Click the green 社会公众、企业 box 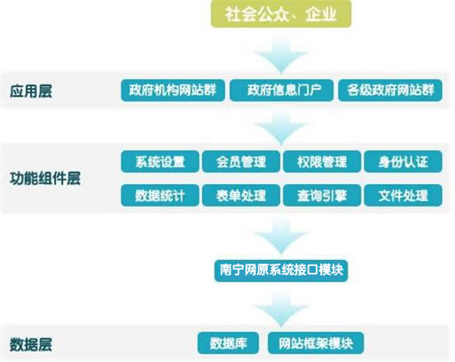(x=281, y=14)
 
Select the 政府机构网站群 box (x=173, y=90)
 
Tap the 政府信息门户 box (x=282, y=90)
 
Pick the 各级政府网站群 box (x=390, y=90)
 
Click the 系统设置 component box (x=160, y=162)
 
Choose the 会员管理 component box (x=241, y=162)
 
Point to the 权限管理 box (x=322, y=162)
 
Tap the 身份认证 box (x=403, y=162)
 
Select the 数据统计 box (x=160, y=195)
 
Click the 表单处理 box (x=241, y=195)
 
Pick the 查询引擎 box (x=322, y=195)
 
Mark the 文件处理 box (x=403, y=195)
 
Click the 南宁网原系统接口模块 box (x=281, y=271)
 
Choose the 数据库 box (x=228, y=343)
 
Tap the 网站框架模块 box (x=316, y=343)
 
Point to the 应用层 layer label (x=31, y=91)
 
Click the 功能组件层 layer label (x=45, y=178)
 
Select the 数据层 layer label (x=31, y=344)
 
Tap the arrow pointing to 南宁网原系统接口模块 (x=281, y=237)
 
